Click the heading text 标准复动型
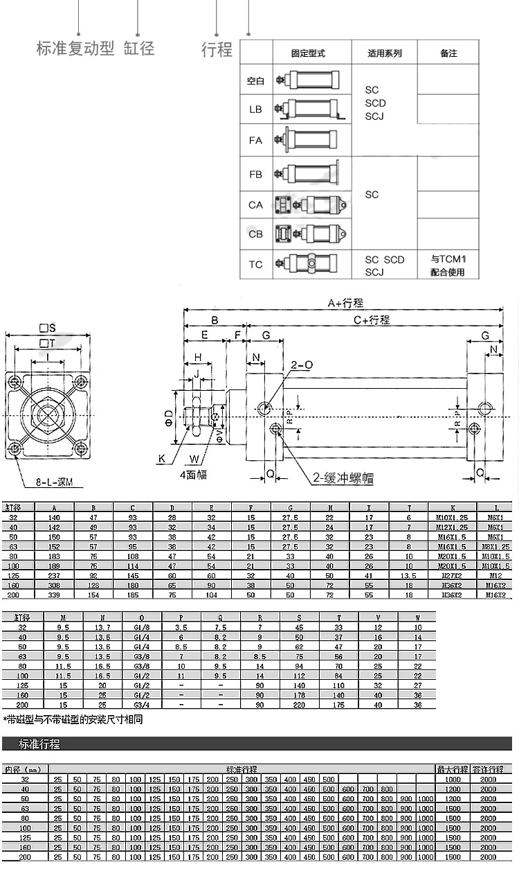click(75, 49)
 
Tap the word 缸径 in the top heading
click(139, 49)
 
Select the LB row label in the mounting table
click(255, 109)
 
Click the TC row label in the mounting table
click(255, 265)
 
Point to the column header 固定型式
click(308, 53)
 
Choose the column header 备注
click(448, 53)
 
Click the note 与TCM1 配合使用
click(448, 265)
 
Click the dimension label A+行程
click(345, 303)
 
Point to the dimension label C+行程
click(372, 320)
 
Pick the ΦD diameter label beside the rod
click(168, 416)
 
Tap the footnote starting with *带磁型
click(73, 719)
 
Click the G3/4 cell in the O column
click(142, 705)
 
